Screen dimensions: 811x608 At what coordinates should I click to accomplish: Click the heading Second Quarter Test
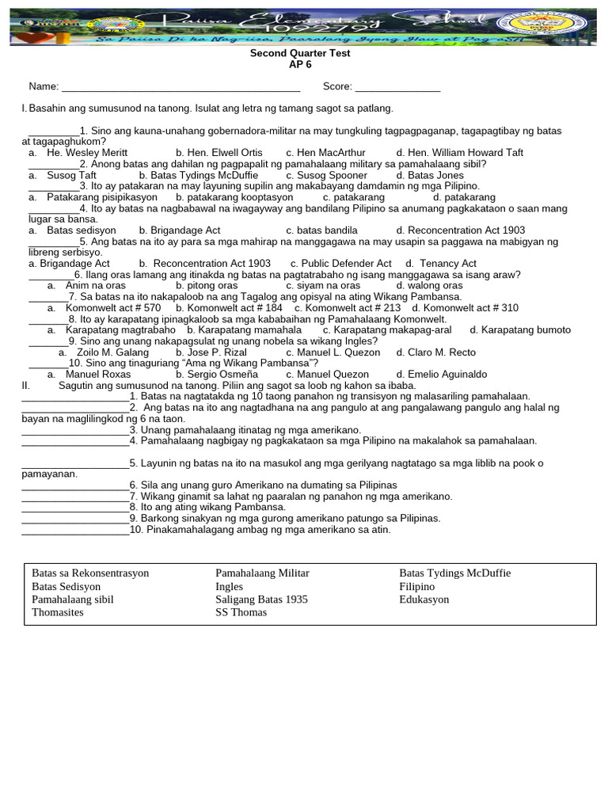300,54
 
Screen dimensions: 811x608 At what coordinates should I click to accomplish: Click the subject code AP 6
300,65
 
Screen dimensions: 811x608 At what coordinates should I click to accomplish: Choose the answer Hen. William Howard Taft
460,152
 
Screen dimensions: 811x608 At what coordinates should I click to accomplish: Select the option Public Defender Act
340,263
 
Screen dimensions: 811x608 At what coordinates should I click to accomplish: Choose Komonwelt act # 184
230,307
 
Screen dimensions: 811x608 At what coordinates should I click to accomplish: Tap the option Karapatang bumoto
520,329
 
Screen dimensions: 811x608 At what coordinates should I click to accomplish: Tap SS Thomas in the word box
241,612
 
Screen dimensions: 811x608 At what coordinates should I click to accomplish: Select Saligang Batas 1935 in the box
261,600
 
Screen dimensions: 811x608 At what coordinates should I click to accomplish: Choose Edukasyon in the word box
424,600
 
